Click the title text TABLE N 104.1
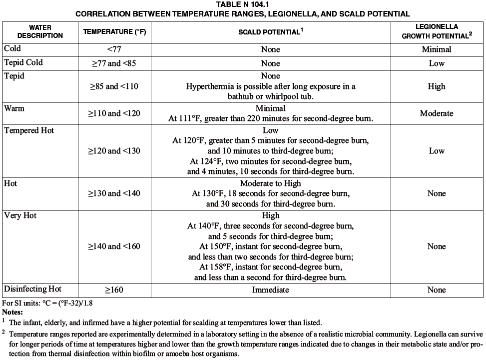pyautogui.click(x=242, y=4)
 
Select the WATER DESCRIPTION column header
pyautogui.click(x=40, y=31)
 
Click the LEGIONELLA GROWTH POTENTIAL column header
pyautogui.click(x=437, y=31)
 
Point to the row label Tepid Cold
pyautogui.click(x=23, y=62)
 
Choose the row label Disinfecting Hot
pyautogui.click(x=33, y=289)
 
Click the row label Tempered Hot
pyautogui.click(x=29, y=130)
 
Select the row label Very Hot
pyautogui.click(x=20, y=215)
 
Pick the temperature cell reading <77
pyautogui.click(x=114, y=49)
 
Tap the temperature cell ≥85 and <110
pyautogui.click(x=114, y=86)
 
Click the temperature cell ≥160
pyautogui.click(x=114, y=290)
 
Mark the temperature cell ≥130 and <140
pyautogui.click(x=114, y=193)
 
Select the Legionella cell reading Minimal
pyautogui.click(x=436, y=49)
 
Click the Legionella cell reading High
pyautogui.click(x=436, y=86)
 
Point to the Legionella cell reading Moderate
pyautogui.click(x=436, y=113)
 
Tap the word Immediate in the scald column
pyautogui.click(x=270, y=290)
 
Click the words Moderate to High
pyautogui.click(x=270, y=183)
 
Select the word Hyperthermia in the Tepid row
pyautogui.click(x=209, y=86)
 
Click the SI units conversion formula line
pyautogui.click(x=48, y=303)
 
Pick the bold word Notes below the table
pyautogui.click(x=13, y=311)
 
